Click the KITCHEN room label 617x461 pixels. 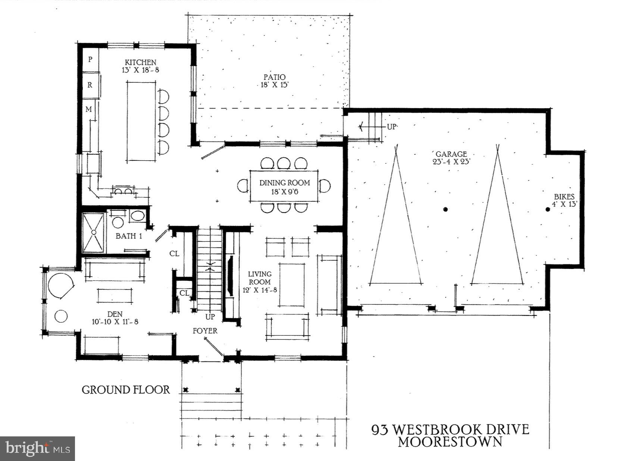[x=140, y=62]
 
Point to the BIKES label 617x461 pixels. [x=564, y=197]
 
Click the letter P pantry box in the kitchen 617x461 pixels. [x=90, y=59]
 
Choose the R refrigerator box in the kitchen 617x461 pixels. [x=90, y=85]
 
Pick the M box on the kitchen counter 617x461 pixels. [x=89, y=109]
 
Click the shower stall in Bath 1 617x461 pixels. [x=94, y=233]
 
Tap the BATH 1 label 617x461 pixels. [x=129, y=236]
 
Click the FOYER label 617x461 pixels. [x=205, y=331]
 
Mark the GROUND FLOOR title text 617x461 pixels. [x=126, y=390]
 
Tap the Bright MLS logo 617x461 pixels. [x=37, y=448]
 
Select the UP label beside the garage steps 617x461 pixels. [x=391, y=127]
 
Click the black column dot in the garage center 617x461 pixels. [x=445, y=209]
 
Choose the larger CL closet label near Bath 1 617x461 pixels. [x=174, y=254]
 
